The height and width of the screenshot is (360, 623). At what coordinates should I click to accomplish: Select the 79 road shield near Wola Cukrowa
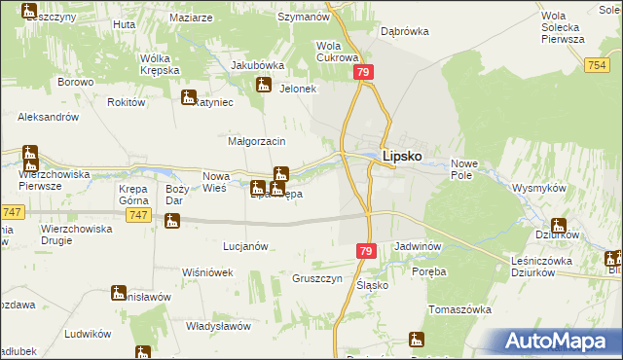pos(363,74)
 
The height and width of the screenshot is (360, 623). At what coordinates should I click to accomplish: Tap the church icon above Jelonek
pos(263,85)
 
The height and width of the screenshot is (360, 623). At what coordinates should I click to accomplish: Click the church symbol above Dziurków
pos(558,225)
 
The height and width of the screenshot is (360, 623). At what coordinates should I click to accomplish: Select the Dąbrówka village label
pos(405,31)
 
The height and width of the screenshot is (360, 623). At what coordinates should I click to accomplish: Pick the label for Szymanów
pos(301,18)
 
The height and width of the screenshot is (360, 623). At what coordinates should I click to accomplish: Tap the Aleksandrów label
pos(48,116)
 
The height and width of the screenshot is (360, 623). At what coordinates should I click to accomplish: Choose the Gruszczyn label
pos(316,277)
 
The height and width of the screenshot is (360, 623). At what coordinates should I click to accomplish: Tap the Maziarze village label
pos(190,18)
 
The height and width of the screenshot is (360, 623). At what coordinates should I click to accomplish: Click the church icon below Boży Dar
pos(172,222)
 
